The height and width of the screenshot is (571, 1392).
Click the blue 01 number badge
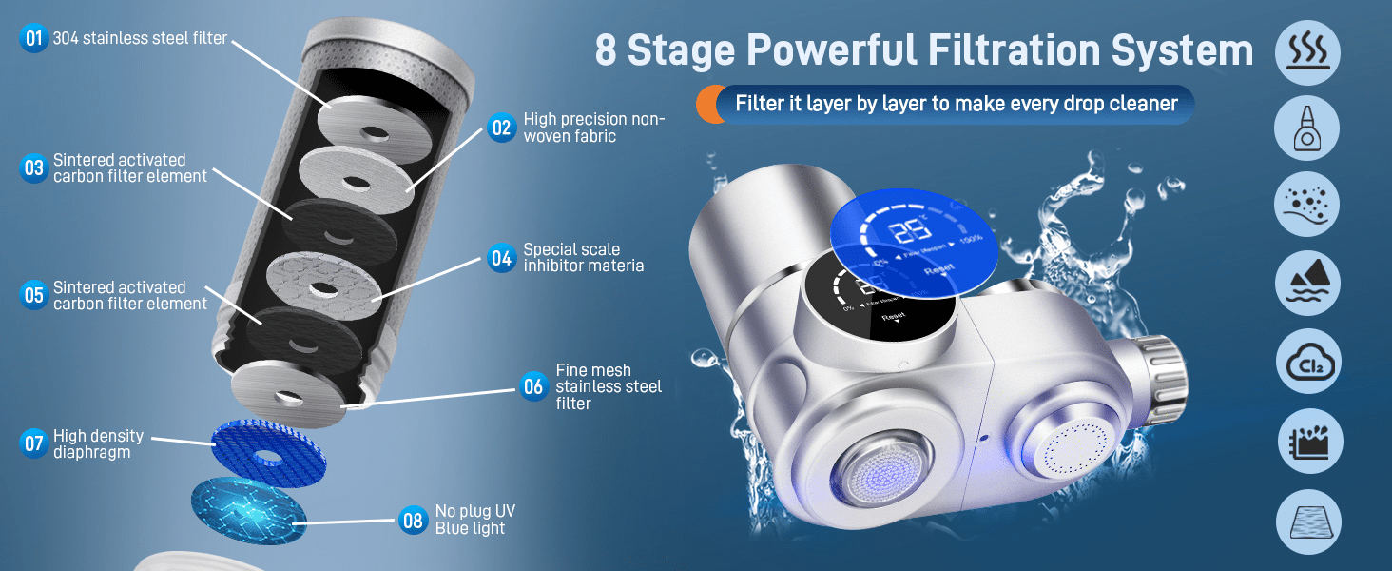pyautogui.click(x=34, y=39)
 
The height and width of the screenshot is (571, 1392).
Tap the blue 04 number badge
pyautogui.click(x=501, y=258)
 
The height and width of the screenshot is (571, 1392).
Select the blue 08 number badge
pyautogui.click(x=413, y=521)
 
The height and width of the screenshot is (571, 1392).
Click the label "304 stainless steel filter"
pyautogui.click(x=140, y=39)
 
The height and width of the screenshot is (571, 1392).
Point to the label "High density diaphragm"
pyautogui.click(x=98, y=443)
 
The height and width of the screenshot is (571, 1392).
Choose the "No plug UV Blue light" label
pyautogui.click(x=474, y=520)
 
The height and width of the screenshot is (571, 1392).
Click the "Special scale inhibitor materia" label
pyautogui.click(x=583, y=258)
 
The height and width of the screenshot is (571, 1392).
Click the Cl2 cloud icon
pyautogui.click(x=1309, y=363)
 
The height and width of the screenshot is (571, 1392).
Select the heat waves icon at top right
pyautogui.click(x=1308, y=49)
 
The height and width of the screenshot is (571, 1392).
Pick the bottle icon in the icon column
pyautogui.click(x=1308, y=128)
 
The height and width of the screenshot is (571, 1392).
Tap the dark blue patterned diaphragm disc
pyautogui.click(x=254, y=448)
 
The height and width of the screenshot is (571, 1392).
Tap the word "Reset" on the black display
pyautogui.click(x=894, y=318)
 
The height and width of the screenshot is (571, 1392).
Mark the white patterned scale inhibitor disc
pyautogui.click(x=323, y=285)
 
